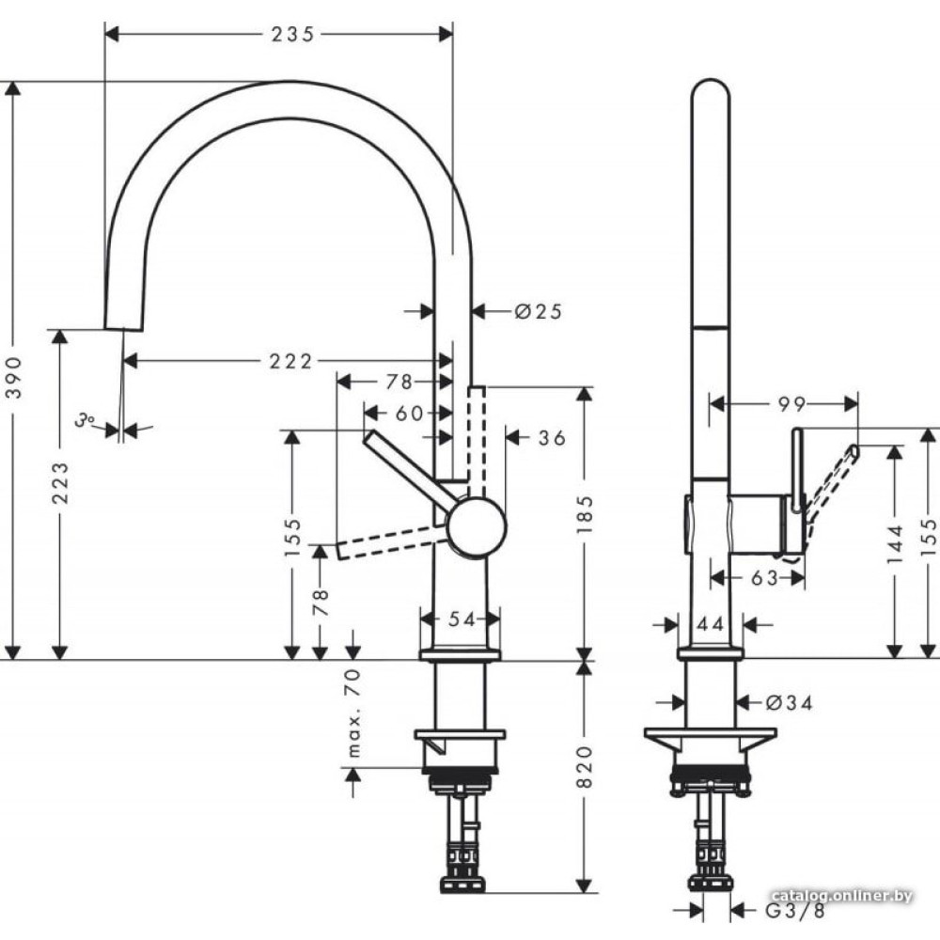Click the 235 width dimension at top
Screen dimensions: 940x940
click(292, 35)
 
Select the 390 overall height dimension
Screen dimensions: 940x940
click(14, 377)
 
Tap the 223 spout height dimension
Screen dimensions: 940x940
click(60, 482)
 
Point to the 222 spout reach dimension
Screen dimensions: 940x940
click(290, 362)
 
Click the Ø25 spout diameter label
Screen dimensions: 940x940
click(539, 311)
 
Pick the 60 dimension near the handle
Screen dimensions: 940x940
click(410, 413)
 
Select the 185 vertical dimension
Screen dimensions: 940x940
click(585, 515)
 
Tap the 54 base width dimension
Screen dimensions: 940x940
click(462, 619)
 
